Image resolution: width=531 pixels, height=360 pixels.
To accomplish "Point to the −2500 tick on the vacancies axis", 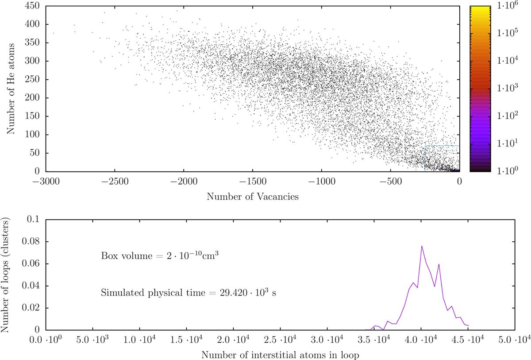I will click(115, 181).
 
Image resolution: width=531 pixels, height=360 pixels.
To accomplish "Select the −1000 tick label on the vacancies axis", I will click(321, 181).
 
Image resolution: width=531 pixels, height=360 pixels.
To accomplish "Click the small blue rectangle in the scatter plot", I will click(442, 158).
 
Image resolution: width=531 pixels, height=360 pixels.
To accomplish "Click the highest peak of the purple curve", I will click(422, 246).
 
